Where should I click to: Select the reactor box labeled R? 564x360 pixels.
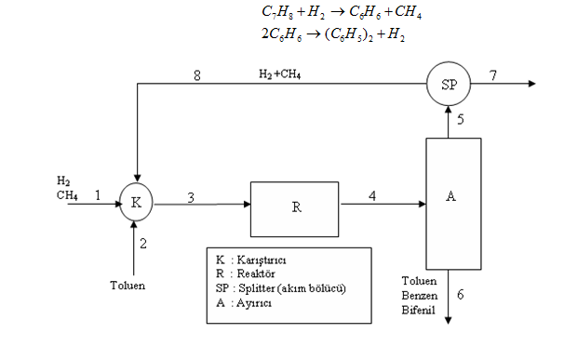coord(295,206)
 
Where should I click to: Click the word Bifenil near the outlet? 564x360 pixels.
coord(418,306)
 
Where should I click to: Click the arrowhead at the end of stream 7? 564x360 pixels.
coord(532,84)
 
